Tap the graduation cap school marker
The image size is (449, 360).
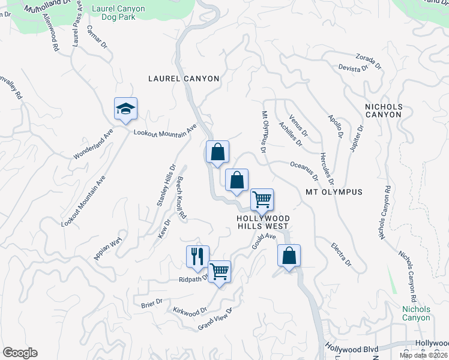pos(126,109)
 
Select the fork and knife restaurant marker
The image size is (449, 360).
pos(197,257)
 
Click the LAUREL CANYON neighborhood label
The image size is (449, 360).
pos(184,79)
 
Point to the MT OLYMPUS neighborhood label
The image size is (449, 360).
pos(334,192)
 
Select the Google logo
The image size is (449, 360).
pos(20,353)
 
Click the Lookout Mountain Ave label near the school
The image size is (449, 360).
pos(165,131)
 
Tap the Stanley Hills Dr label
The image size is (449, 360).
pos(166,185)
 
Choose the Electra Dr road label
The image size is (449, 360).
pos(340,254)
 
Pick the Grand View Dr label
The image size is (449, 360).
pos(215,319)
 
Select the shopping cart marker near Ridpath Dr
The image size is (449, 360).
pos(220,272)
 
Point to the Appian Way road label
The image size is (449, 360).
pos(107,248)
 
